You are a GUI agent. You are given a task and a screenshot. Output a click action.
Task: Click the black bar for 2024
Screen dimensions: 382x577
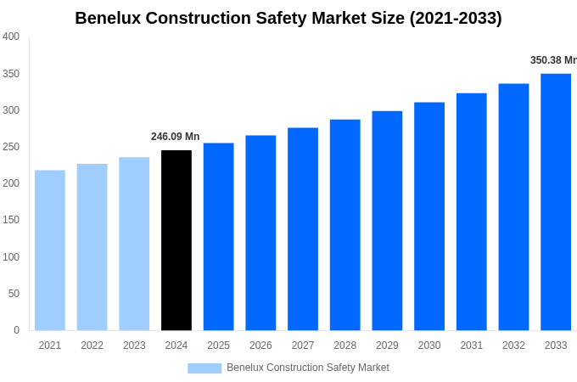pos(176,240)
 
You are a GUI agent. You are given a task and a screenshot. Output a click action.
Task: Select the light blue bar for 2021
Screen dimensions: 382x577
pos(50,250)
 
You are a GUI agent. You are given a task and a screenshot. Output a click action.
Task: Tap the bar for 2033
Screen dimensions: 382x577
pos(556,202)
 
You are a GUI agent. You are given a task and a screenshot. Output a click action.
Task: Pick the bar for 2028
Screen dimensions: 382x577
pos(345,225)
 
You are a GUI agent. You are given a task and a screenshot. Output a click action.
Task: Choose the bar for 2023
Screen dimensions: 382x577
pos(134,244)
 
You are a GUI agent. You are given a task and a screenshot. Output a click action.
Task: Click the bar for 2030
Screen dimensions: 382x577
pos(429,216)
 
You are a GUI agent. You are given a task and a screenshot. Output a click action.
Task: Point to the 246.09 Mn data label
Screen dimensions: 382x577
pos(175,137)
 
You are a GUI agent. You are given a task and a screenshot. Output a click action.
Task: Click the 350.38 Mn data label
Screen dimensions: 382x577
pos(552,60)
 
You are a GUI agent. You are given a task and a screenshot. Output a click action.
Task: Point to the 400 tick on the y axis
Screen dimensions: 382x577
pos(11,37)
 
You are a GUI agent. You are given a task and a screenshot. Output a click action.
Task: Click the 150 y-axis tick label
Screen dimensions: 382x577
pos(11,220)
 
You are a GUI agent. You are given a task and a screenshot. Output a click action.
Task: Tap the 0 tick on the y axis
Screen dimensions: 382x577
pos(16,330)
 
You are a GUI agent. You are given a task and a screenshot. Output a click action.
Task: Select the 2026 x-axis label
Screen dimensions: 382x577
pos(260,345)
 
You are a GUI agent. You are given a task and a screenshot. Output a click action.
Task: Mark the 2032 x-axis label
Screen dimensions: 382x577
pos(513,345)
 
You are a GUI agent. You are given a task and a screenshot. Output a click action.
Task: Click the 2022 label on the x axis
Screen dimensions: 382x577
pos(92,345)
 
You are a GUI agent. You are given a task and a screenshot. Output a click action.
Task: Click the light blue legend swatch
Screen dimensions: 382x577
pos(204,368)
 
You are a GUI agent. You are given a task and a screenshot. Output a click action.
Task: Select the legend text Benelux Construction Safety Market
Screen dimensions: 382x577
pos(307,368)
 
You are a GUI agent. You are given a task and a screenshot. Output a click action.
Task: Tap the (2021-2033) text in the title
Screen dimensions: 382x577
pos(456,18)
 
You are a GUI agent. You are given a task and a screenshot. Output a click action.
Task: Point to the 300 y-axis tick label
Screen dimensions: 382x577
pos(11,110)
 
